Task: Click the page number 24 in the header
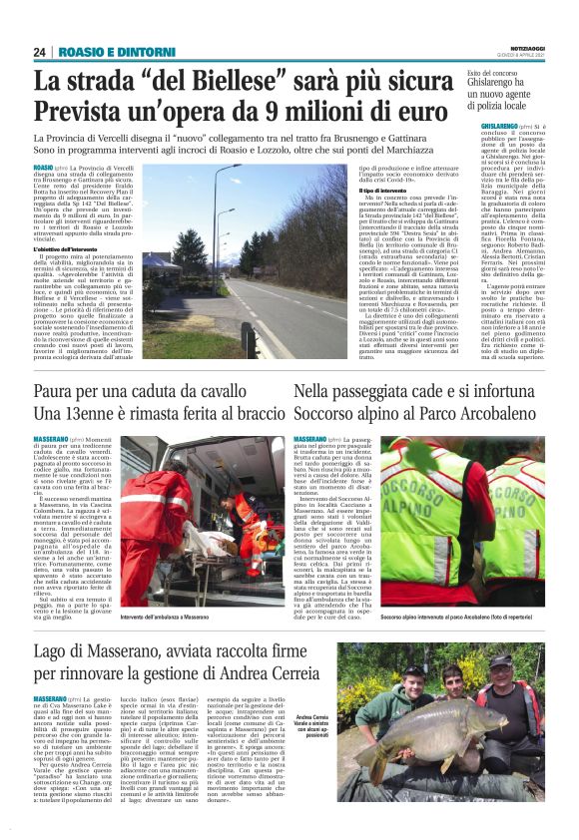[40, 52]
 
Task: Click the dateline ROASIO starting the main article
[44, 167]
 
